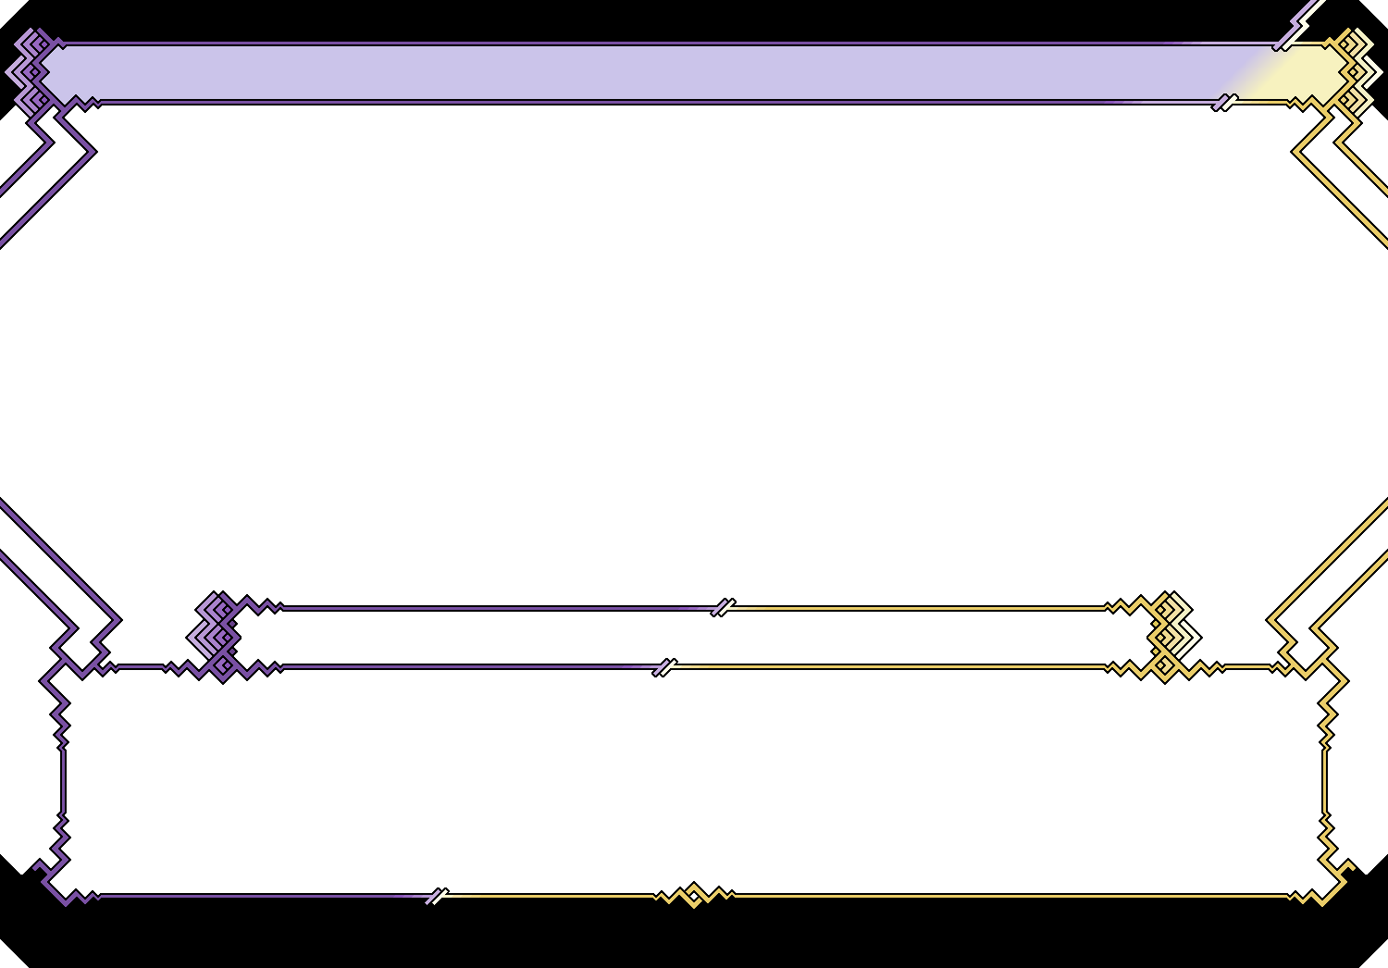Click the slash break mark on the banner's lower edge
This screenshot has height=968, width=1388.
(1224, 102)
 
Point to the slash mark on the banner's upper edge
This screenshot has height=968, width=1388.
(1283, 43)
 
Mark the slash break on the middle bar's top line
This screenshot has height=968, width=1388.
(723, 607)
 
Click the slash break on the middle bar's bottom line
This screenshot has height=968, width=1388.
(664, 667)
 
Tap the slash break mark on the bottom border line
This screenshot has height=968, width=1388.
(437, 896)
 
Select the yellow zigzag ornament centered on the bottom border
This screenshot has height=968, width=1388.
(694, 895)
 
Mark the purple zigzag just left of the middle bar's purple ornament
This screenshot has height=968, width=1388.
(181, 667)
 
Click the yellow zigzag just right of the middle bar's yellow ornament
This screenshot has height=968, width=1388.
(1207, 667)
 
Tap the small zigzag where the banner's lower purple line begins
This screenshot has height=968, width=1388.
(86, 103)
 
